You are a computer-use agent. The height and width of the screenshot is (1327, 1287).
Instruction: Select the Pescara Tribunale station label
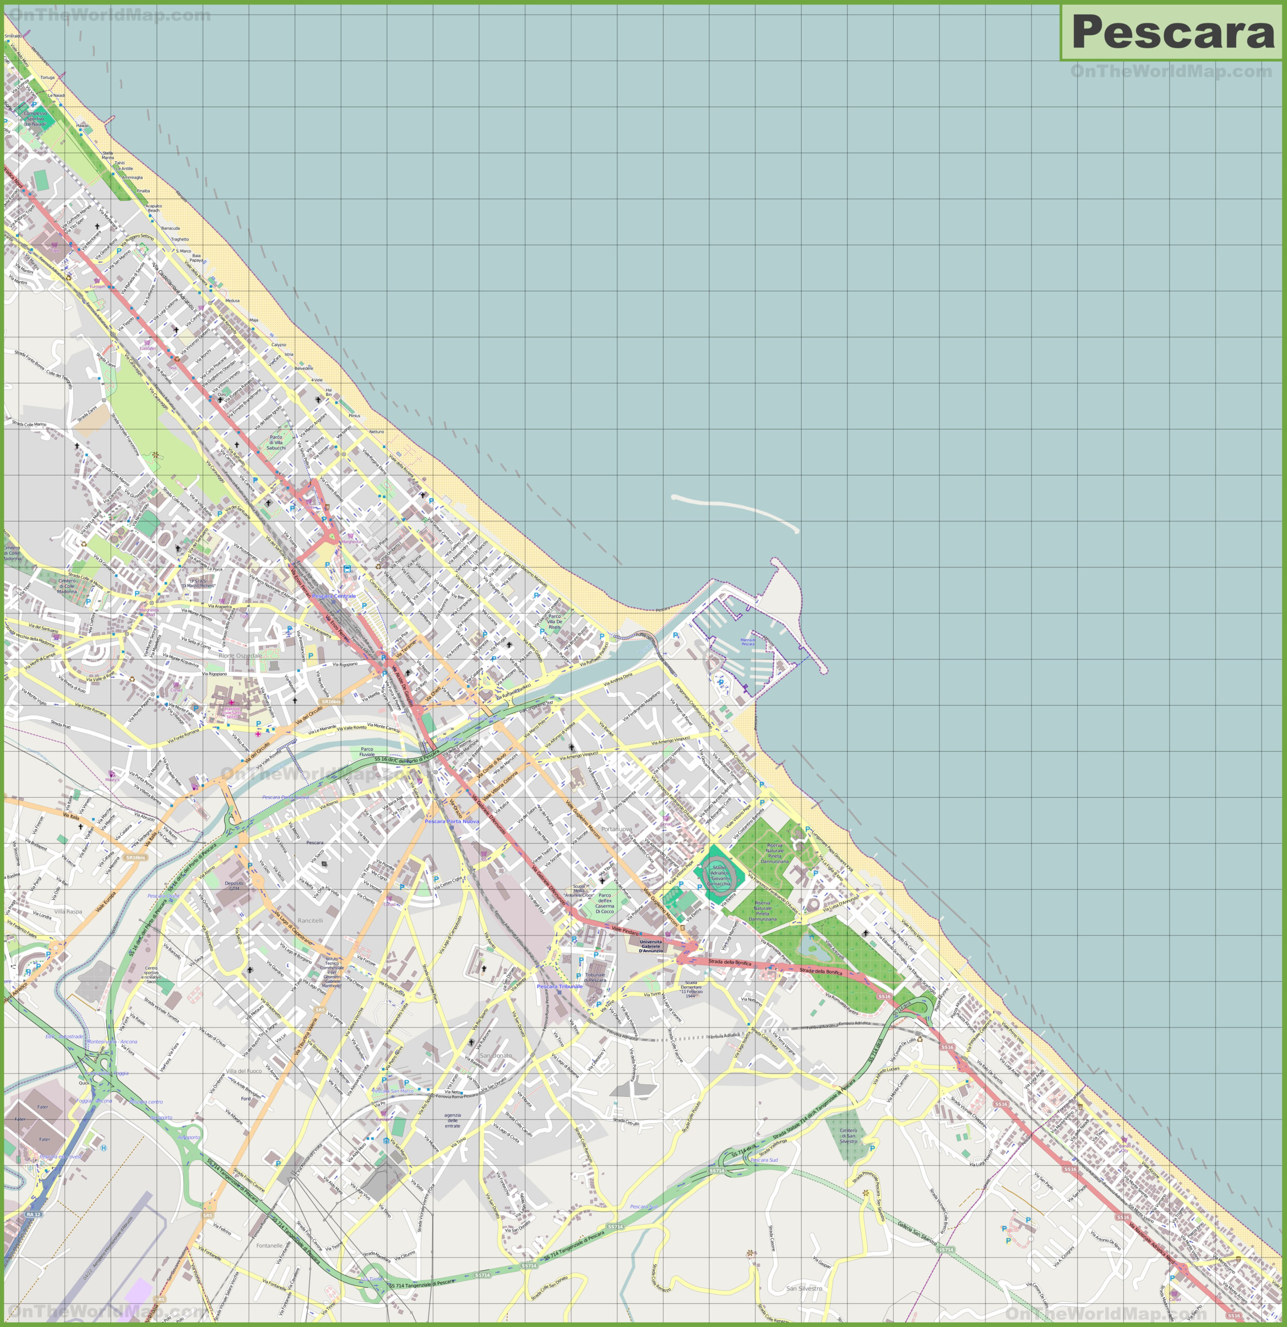click(x=560, y=986)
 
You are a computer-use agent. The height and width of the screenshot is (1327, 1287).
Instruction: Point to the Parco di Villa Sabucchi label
click(x=276, y=442)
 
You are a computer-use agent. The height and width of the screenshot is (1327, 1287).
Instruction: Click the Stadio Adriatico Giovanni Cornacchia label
click(x=719, y=876)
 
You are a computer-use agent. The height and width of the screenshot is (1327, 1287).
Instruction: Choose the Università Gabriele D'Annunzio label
click(x=651, y=946)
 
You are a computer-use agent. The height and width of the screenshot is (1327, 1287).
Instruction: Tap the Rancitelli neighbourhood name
click(x=310, y=921)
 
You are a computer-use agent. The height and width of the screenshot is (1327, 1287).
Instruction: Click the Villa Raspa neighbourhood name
click(x=68, y=911)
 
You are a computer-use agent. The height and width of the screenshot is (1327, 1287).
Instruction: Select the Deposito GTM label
click(x=234, y=885)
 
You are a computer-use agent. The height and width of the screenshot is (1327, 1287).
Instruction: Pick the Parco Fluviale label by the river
click(x=367, y=752)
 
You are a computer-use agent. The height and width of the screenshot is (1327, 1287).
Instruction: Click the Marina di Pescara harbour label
click(x=748, y=641)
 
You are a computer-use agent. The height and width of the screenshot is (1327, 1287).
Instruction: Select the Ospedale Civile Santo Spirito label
click(x=232, y=712)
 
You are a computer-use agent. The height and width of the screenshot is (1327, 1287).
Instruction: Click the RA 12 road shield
click(x=34, y=1214)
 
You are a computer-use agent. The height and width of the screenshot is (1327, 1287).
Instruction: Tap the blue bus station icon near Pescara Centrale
click(x=347, y=569)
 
